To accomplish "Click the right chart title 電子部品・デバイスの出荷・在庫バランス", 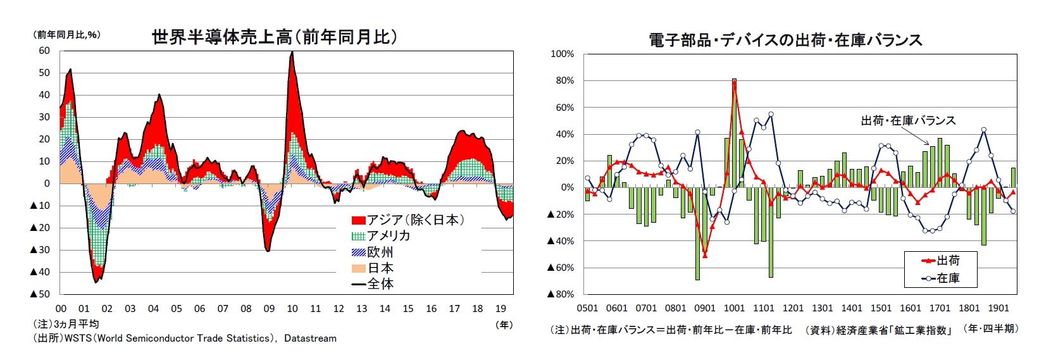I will [785, 40].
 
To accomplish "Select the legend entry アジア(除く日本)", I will [409, 220].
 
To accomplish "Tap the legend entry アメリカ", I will [381, 236].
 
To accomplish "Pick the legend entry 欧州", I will [373, 252].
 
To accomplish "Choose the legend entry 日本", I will [373, 268].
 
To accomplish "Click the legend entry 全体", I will [373, 283].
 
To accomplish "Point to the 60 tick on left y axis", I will [44, 51].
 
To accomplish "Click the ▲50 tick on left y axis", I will [40, 294].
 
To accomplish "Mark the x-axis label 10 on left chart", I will [292, 309].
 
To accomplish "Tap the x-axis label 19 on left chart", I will [501, 309].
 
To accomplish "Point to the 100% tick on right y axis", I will [562, 54].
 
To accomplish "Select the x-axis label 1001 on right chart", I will [734, 308].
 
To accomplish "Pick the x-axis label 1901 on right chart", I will [998, 308].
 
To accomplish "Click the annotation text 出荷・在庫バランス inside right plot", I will [908, 120].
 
